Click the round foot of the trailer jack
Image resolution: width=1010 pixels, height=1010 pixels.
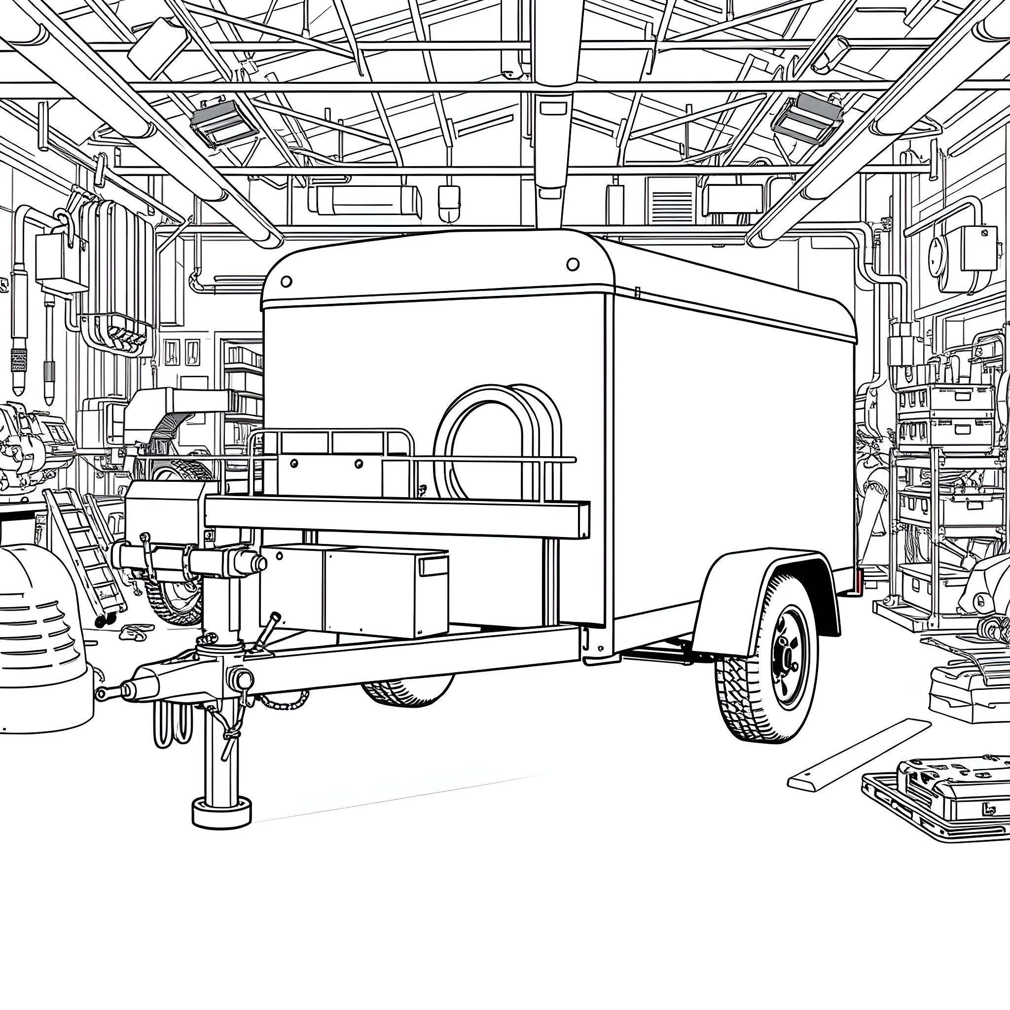pyautogui.click(x=221, y=812)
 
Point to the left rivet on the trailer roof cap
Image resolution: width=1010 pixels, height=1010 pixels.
pyautogui.click(x=286, y=282)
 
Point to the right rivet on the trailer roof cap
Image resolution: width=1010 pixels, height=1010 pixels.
pyautogui.click(x=573, y=264)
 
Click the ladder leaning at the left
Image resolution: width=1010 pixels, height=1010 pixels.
pyautogui.click(x=84, y=554)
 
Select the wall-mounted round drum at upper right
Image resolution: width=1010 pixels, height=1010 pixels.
pyautogui.click(x=946, y=259)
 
